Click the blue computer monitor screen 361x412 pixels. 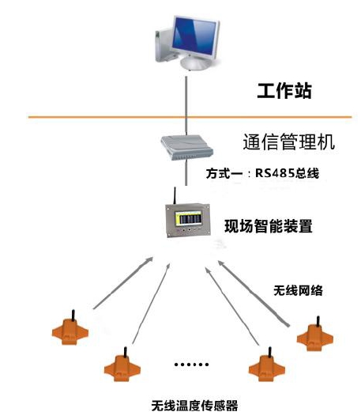point(196,36)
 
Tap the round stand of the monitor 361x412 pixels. point(195,63)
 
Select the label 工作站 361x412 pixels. point(284,91)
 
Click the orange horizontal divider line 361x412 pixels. point(190,117)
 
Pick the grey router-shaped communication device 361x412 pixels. point(186,147)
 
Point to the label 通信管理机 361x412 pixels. point(288,142)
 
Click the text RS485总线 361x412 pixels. point(287,173)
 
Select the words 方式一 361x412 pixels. point(224,173)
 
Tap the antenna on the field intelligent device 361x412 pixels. point(175,195)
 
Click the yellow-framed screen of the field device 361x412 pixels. point(190,218)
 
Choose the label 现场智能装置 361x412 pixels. point(269,226)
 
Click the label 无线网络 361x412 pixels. point(298,290)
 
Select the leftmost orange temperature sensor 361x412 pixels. point(70,330)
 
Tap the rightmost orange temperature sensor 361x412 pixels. point(315,336)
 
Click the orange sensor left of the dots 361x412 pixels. point(122,366)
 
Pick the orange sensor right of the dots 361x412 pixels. point(267,366)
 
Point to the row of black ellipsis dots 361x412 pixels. point(191,365)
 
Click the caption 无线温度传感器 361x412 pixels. point(194,406)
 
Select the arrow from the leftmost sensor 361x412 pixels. point(123,282)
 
